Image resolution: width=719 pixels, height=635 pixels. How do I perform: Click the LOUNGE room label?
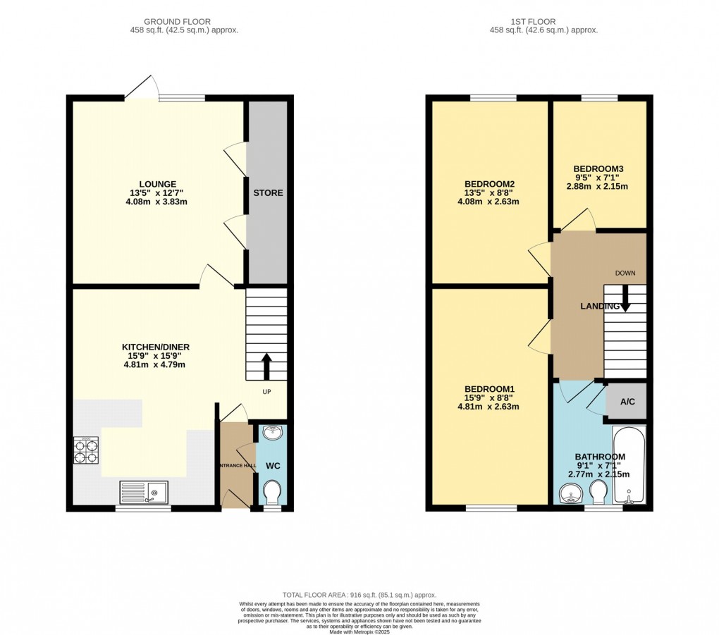[158, 185]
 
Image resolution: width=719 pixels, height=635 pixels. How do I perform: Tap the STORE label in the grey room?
[268, 192]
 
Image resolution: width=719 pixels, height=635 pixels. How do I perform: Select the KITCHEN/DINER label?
[156, 347]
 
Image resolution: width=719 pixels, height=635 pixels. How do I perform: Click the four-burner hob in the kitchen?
[86, 450]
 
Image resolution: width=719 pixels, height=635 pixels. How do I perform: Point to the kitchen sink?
[144, 491]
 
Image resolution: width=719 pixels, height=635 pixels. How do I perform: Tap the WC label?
[272, 466]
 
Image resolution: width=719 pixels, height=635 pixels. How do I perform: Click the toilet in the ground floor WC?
[271, 492]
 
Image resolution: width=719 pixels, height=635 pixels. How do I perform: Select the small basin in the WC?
[272, 432]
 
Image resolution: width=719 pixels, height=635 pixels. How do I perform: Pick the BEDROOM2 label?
[489, 184]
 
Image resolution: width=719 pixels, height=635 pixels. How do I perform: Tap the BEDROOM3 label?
[598, 169]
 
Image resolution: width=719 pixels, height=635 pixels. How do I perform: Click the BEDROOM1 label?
[489, 389]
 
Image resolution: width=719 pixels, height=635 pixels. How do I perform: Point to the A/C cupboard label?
[627, 402]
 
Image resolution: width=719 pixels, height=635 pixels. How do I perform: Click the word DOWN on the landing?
[625, 273]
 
